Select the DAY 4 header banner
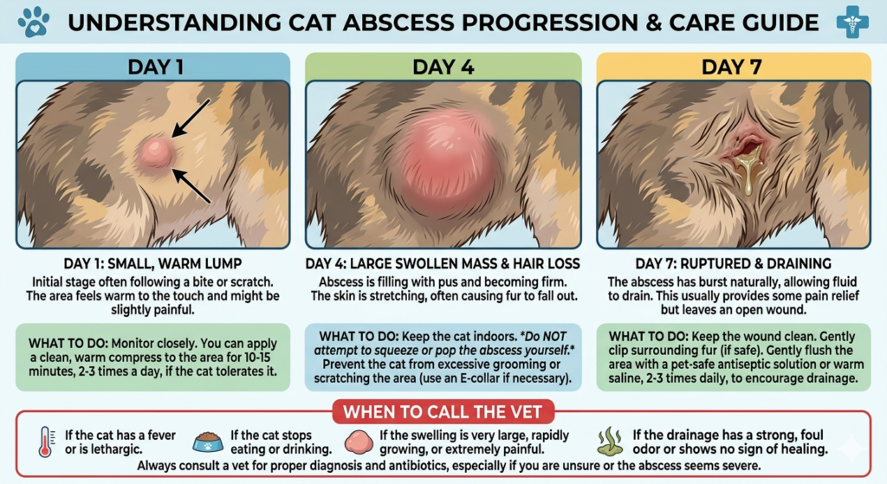pyautogui.click(x=443, y=66)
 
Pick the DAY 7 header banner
pyautogui.click(x=734, y=66)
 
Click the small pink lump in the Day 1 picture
pyautogui.click(x=155, y=152)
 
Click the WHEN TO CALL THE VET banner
pyautogui.click(x=443, y=408)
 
